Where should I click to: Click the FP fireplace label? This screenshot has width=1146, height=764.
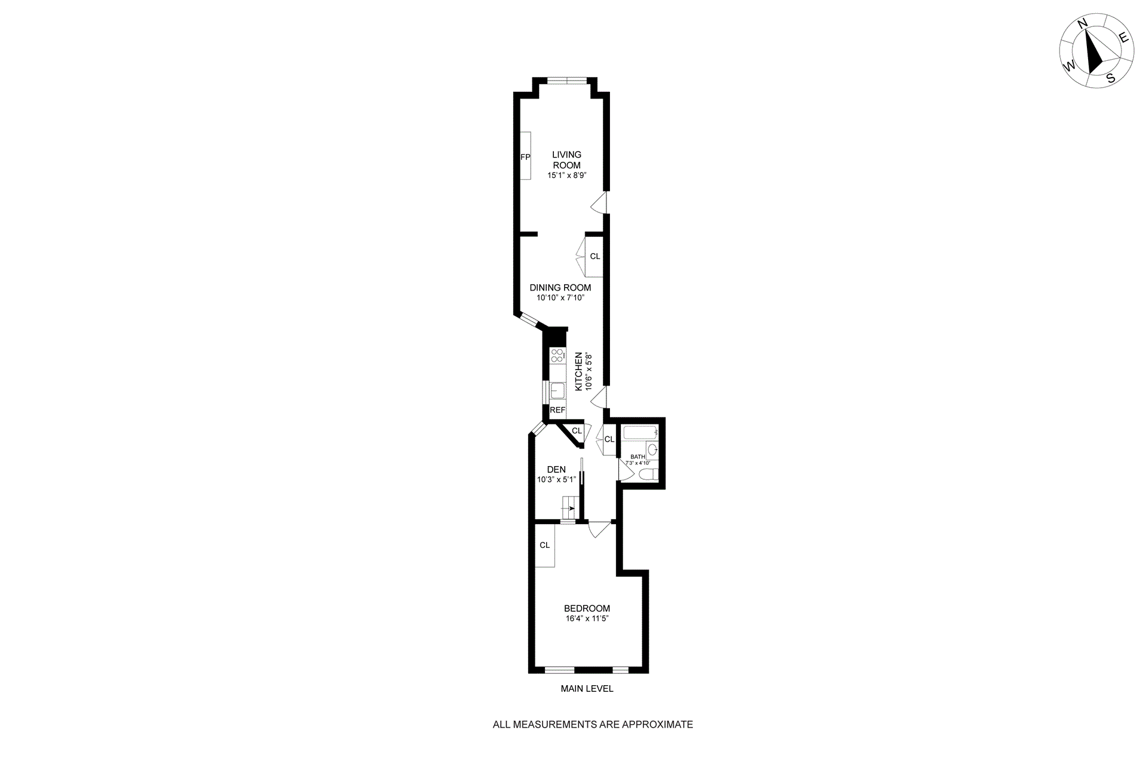pos(525,158)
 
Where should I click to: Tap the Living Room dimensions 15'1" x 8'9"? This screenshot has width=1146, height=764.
pos(566,176)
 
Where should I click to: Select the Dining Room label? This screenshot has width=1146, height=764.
pos(560,288)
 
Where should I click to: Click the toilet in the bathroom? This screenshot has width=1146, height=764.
pos(648,475)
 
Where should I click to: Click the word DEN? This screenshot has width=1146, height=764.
pos(556,470)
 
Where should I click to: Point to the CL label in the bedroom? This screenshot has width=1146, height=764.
pos(544,545)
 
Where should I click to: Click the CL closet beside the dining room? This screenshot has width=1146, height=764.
pos(595,257)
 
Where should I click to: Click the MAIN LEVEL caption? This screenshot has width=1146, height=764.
pos(587,689)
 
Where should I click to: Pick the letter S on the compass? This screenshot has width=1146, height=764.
pos(1111,78)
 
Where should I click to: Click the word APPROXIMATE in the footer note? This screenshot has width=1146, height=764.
pos(658,725)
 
